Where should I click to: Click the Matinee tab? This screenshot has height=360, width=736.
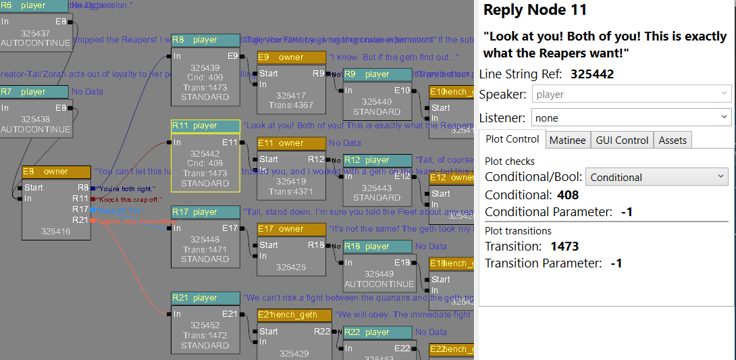[x=567, y=140]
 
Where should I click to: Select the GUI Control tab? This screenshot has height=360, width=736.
[x=622, y=140]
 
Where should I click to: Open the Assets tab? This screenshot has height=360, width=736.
[x=673, y=140]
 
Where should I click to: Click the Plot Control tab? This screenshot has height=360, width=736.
[x=512, y=139]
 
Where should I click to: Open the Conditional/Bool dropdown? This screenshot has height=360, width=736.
[x=656, y=177]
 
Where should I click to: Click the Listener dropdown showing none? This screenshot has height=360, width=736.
[x=631, y=118]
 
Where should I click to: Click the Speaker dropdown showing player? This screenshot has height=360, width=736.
[x=631, y=94]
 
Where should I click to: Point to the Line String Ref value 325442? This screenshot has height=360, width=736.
[x=592, y=74]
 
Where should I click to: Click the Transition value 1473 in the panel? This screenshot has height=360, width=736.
[x=564, y=246]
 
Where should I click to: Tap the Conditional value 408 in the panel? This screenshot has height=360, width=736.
[x=568, y=195]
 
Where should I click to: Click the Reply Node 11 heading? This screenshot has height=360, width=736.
[x=535, y=10]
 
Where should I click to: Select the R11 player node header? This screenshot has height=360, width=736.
[x=205, y=126]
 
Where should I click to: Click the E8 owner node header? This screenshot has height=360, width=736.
[x=56, y=172]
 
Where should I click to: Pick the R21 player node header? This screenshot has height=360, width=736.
[x=205, y=298]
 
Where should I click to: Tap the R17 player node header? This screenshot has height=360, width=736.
[x=205, y=212]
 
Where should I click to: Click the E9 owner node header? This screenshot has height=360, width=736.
[x=291, y=57]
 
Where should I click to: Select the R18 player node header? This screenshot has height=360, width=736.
[x=377, y=247]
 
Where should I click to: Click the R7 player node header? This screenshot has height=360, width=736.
[x=34, y=92]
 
